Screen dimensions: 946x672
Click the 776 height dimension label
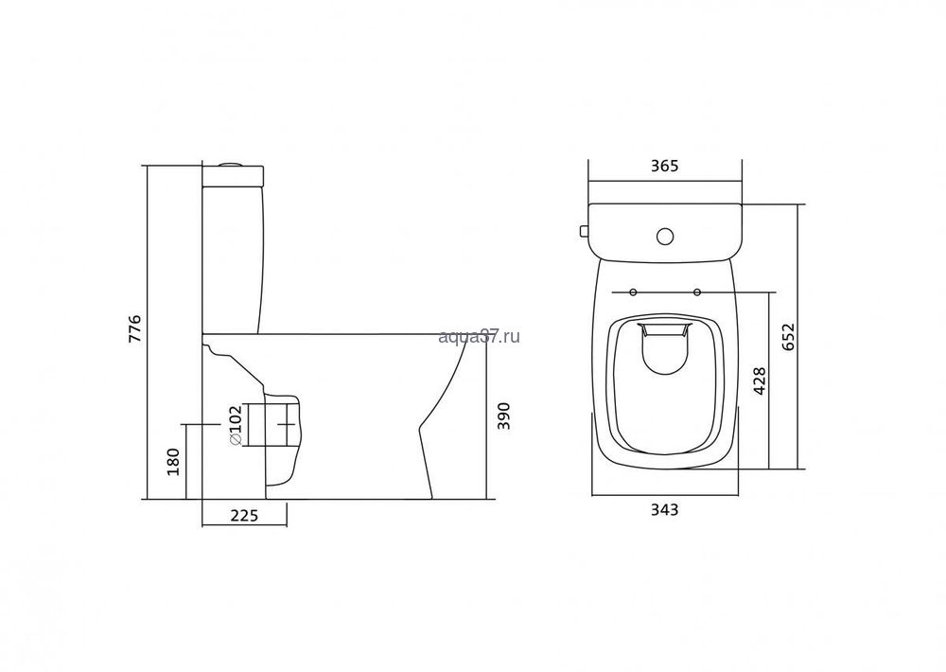tap(135, 328)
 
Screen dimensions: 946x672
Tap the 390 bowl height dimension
tap(504, 416)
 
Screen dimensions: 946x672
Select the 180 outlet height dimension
tap(174, 461)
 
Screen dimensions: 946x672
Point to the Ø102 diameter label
tap(235, 425)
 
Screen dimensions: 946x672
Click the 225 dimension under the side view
tap(244, 515)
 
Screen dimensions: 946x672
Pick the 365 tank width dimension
tap(665, 166)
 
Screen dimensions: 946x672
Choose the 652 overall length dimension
tap(791, 338)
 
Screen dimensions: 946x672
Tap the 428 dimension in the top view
tap(760, 380)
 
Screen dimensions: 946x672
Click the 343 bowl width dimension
tap(664, 510)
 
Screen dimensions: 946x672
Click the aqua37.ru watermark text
tap(479, 336)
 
